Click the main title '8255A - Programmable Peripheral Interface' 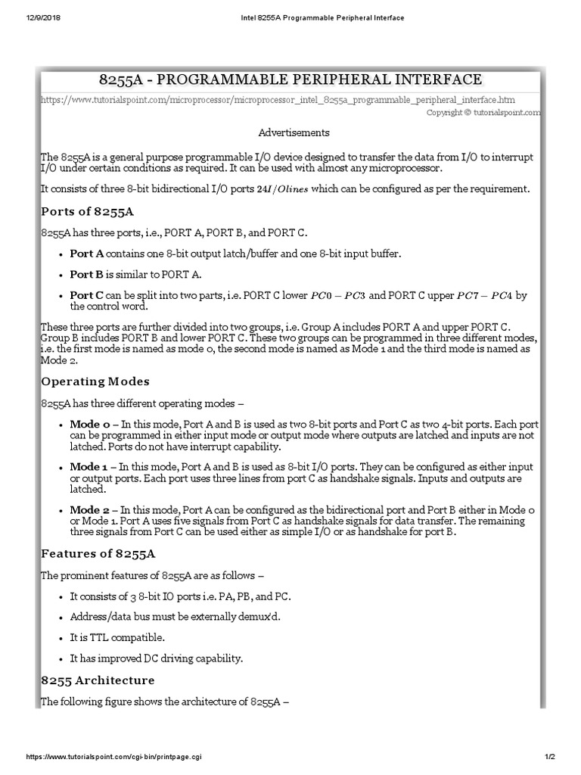click(290, 79)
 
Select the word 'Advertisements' click(294, 132)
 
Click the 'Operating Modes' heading click(95, 381)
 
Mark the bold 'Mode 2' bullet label click(89, 510)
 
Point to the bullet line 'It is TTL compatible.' click(117, 636)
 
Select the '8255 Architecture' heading click(98, 680)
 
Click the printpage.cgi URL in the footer click(113, 757)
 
